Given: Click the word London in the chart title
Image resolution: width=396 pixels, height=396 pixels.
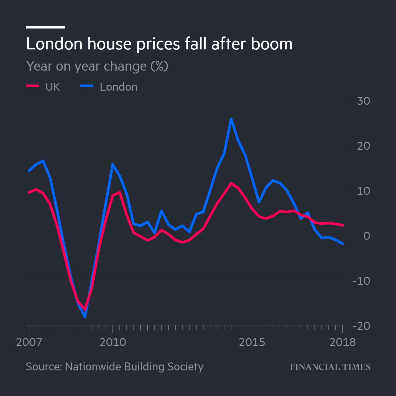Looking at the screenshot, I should pos(54,44).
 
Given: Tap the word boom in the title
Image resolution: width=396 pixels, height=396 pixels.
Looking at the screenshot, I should pos(272,44).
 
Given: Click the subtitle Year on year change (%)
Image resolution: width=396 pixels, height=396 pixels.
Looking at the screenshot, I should pos(97,66).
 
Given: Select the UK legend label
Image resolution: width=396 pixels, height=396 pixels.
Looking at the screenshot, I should pos(53,87).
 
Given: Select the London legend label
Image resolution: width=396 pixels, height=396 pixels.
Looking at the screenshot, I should pos(118,87).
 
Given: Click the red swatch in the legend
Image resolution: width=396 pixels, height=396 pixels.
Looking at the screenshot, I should pos(32,86).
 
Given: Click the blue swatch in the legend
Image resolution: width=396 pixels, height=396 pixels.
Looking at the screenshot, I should pos(87,86).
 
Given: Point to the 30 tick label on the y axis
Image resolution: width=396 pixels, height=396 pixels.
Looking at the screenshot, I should pos(363,101).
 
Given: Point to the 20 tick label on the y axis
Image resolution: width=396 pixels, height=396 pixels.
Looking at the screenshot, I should pos(363,146).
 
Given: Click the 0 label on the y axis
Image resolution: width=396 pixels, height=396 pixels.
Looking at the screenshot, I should pos(367,236).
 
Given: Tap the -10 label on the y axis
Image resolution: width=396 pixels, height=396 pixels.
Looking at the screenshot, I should pos(361,281).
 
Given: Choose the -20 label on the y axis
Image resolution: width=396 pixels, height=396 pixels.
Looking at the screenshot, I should pos(361,326).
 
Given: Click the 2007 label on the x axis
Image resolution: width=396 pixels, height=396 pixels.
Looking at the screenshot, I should pos(29,342).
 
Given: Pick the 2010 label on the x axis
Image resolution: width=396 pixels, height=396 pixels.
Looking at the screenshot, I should pos(113,342).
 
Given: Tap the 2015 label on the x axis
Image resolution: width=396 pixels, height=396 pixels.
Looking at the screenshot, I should pos(252,342).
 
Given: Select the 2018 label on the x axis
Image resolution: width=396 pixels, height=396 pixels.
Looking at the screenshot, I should pos(342,342).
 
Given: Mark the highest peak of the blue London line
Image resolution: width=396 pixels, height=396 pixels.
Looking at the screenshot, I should pos(231,119).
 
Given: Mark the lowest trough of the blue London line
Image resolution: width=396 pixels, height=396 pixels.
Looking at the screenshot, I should pos(85,317).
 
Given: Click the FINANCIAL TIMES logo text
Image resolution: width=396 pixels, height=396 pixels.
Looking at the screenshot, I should pos(330,367).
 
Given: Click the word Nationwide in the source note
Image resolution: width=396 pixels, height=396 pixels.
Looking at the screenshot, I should pos(93,367).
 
